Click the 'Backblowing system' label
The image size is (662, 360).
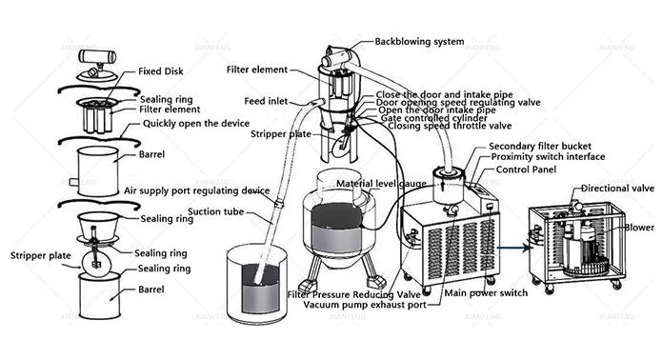click(x=419, y=42)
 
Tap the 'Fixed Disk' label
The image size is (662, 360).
click(x=161, y=71)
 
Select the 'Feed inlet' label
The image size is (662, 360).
click(x=266, y=101)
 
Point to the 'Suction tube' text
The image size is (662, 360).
click(x=215, y=211)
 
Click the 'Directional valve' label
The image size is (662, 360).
click(x=617, y=189)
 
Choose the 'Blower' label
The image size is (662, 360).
click(x=639, y=228)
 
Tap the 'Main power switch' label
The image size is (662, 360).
click(x=486, y=293)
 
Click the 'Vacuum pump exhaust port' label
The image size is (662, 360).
click(x=365, y=305)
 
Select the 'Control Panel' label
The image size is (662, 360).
click(x=526, y=170)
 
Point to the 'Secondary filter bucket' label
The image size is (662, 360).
click(x=540, y=147)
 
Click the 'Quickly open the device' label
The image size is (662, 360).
click(x=196, y=124)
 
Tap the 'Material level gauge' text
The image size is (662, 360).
click(x=381, y=184)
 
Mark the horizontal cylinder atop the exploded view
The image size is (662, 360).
click(x=97, y=56)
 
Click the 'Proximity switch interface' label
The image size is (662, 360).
click(x=548, y=156)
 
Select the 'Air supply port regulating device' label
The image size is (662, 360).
click(x=197, y=190)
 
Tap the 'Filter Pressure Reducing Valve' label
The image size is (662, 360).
click(x=354, y=294)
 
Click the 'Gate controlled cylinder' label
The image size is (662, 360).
click(x=434, y=118)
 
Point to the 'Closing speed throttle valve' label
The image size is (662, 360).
click(x=450, y=126)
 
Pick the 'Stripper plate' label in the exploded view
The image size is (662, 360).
click(x=41, y=256)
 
